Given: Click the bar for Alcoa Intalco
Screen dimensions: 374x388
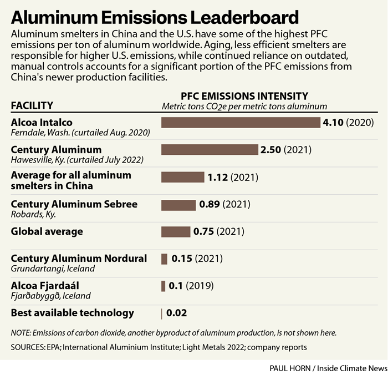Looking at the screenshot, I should tap(241, 122).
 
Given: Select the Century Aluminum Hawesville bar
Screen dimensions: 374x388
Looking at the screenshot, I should tap(210, 150).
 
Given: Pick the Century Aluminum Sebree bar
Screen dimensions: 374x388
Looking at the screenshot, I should tap(178, 205).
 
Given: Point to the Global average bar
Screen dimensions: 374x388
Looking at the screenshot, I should tap(175, 231).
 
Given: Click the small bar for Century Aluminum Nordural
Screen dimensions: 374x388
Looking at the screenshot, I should tap(164, 259).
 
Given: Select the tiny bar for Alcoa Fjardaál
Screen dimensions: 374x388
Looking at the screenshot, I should tap(163, 286).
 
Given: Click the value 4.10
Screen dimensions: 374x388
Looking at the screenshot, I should tap(334, 122).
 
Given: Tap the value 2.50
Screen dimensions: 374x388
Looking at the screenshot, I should tap(270, 150).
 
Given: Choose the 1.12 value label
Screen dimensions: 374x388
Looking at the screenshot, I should tap(218, 177).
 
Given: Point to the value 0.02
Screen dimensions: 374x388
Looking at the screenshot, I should tap(176, 313).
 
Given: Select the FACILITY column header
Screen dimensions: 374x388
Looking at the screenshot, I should tap(32, 105).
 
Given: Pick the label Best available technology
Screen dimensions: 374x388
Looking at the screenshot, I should tap(73, 313).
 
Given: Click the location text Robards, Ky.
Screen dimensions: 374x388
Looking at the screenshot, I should tap(33, 214).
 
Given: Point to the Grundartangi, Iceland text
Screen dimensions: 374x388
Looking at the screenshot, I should tap(53, 269).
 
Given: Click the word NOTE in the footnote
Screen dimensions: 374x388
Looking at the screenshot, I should tap(21, 333).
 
